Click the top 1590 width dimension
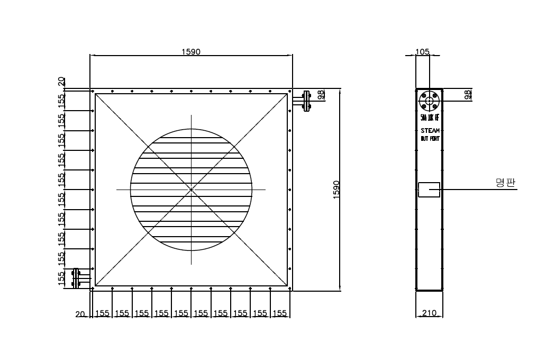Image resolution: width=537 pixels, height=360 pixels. click(191, 51)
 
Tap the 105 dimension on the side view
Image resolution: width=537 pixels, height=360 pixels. click(422, 51)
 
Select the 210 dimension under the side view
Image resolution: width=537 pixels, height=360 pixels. click(429, 313)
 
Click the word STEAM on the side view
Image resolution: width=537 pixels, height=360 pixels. click(430, 130)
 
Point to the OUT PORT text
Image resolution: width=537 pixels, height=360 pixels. click(430, 139)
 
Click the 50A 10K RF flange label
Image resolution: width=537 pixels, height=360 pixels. click(430, 118)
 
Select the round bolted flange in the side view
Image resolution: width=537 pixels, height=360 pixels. click(429, 101)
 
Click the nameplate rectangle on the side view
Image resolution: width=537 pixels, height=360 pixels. click(429, 190)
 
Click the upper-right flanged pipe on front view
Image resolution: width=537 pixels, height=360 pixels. click(304, 101)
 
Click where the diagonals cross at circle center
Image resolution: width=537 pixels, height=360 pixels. click(191, 189)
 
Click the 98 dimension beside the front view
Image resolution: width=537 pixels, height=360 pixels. click(321, 95)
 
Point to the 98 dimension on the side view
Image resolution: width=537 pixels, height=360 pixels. click(467, 95)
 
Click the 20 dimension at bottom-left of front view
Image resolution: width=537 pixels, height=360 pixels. click(80, 313)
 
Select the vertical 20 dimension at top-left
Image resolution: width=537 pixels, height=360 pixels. click(62, 82)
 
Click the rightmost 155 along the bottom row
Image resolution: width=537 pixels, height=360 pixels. click(280, 313)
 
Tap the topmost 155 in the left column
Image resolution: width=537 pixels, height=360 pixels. click(62, 100)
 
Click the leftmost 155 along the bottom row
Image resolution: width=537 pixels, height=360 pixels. click(102, 313)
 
